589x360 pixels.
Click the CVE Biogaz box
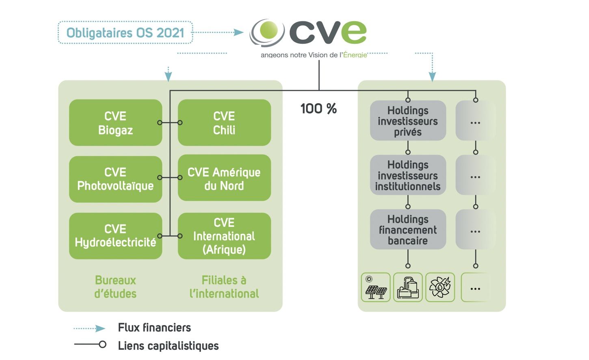point(115,123)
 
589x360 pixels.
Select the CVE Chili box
point(224,123)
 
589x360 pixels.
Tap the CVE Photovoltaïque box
point(115,179)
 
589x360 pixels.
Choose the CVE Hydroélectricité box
point(115,236)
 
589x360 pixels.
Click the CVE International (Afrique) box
point(224,236)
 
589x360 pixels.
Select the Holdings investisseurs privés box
point(408,121)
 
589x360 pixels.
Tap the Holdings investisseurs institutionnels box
point(408,175)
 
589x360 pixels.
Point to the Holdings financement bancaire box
point(408,230)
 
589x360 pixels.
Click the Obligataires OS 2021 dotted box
point(125,33)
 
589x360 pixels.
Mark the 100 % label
point(318,108)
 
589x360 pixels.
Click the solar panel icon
point(376,287)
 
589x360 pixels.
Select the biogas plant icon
point(408,287)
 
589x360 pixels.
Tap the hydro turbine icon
point(440,287)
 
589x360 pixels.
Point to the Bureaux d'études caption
point(115,287)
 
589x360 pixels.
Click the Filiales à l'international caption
point(224,287)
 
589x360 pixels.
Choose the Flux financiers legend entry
point(154,327)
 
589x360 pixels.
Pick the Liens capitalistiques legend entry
point(168,346)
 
